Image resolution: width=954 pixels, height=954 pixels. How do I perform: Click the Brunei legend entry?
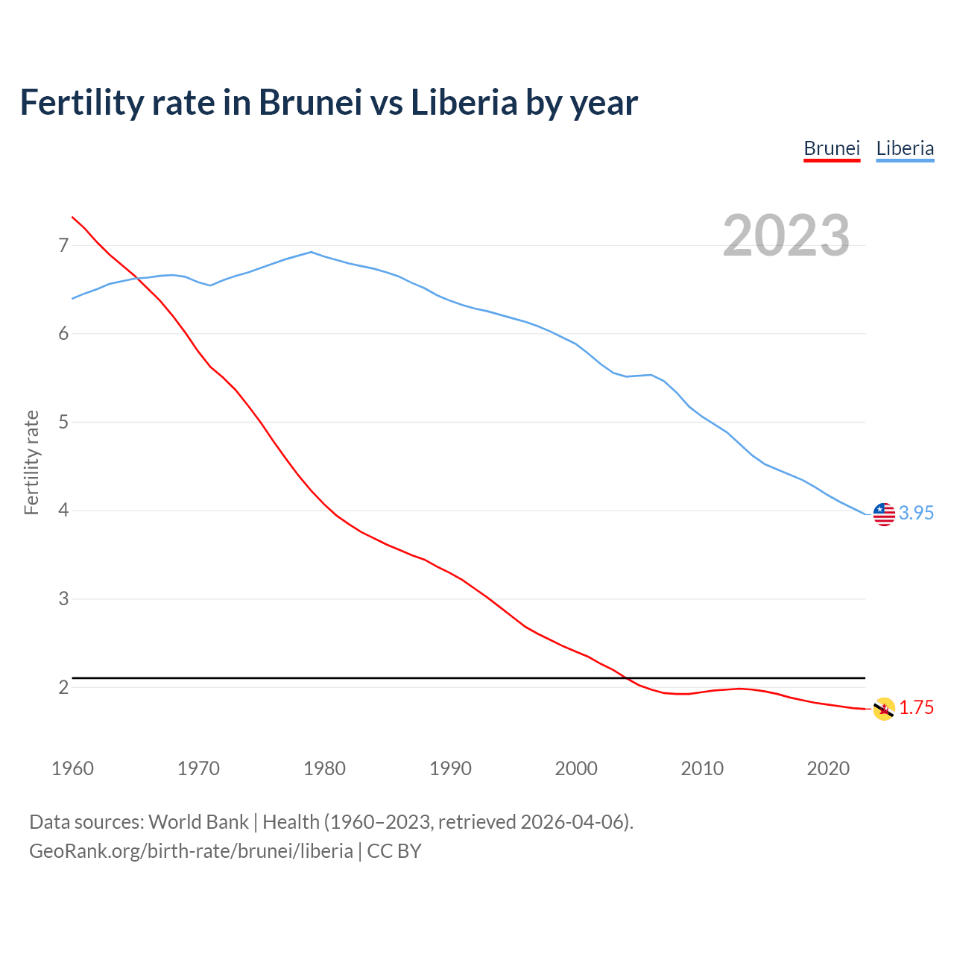[x=832, y=148]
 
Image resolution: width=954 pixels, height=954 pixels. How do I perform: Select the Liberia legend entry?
[x=905, y=148]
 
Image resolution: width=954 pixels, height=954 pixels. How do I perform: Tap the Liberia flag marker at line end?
[x=884, y=514]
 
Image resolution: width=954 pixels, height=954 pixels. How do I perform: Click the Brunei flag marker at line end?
[x=884, y=709]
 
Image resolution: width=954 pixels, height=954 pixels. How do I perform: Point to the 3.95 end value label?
[x=916, y=514]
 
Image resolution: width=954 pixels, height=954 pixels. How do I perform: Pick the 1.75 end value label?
[x=916, y=708]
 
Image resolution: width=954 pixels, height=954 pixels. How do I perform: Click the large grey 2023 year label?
[x=786, y=236]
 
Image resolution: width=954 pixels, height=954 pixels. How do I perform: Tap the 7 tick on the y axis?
[x=63, y=245]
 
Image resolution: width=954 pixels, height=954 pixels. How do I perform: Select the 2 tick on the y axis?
[x=63, y=687]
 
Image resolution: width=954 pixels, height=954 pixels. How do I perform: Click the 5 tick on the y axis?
[x=63, y=423]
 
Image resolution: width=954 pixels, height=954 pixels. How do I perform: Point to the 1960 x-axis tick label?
[x=72, y=768]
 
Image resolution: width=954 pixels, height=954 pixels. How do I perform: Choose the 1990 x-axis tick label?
[x=450, y=768]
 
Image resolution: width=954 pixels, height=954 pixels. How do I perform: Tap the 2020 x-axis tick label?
[x=828, y=768]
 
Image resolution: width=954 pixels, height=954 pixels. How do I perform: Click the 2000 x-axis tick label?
[x=576, y=768]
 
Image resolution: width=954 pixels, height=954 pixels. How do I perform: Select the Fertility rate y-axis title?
[x=31, y=462]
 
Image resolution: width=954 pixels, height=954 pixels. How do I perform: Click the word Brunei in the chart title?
[x=310, y=102]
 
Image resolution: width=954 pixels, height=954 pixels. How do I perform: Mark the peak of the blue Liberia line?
[x=311, y=252]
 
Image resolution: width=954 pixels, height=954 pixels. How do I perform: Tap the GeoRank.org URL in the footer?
[x=191, y=851]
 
